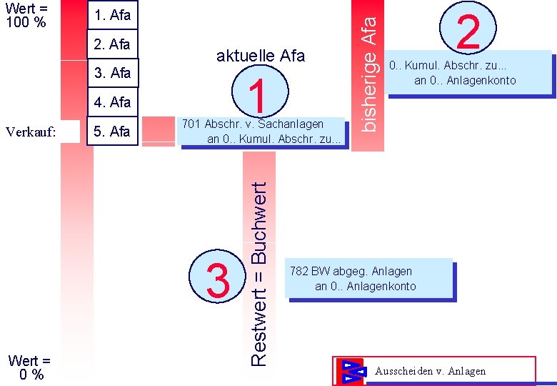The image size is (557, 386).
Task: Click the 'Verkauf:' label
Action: point(30,132)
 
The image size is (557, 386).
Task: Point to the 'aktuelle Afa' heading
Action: point(260,56)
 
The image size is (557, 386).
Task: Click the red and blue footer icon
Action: point(351,371)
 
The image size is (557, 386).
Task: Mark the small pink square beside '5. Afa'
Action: point(158,129)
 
